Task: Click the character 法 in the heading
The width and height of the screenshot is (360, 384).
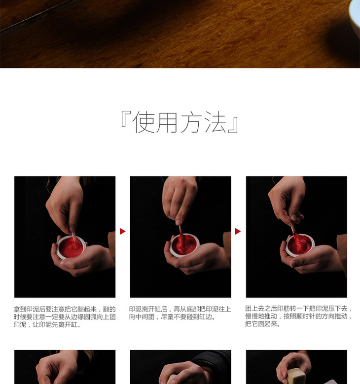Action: click(216, 122)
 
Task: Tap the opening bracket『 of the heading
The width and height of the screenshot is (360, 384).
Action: click(126, 119)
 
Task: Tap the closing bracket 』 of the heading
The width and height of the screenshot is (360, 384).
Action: click(233, 125)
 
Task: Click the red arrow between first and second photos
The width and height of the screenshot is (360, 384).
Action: click(122, 231)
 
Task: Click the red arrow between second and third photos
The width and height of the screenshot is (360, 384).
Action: click(238, 231)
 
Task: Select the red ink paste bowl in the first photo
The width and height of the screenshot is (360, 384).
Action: click(71, 247)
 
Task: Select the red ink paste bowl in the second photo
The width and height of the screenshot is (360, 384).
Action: click(185, 244)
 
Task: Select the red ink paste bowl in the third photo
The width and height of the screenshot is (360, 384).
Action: click(300, 245)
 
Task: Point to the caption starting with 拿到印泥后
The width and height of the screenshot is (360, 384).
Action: click(65, 317)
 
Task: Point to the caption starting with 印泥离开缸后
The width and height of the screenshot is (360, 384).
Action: click(180, 313)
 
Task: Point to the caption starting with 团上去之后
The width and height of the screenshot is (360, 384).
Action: click(299, 316)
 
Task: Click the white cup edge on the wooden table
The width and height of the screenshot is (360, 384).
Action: click(355, 17)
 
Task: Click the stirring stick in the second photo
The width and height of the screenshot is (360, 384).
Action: click(180, 230)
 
